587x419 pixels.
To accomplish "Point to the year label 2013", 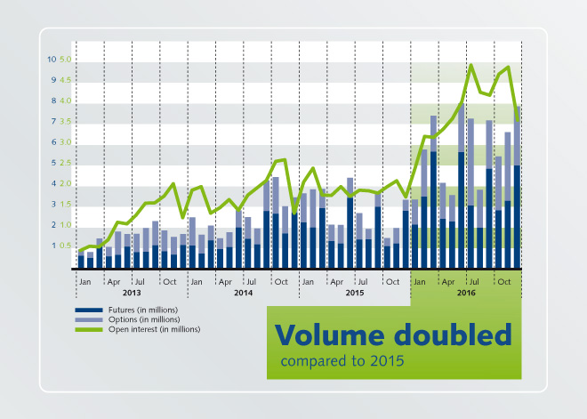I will [x=132, y=292].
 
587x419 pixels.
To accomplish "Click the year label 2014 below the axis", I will [x=243, y=292].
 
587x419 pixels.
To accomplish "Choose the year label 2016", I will [x=466, y=292].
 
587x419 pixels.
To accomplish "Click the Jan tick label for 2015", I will [x=307, y=282].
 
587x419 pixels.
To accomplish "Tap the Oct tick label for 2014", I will [x=280, y=282].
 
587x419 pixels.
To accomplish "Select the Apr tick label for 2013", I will [x=113, y=282].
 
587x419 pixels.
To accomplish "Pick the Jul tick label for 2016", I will [x=474, y=282].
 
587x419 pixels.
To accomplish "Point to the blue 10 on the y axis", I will [x=52, y=59].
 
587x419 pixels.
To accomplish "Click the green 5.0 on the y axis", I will [x=65, y=59].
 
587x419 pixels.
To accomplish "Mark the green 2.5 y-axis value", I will [x=65, y=163].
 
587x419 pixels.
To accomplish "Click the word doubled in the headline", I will [x=454, y=335].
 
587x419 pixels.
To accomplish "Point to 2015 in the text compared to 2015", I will [x=388, y=362].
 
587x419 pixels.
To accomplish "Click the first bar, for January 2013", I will [x=81, y=260].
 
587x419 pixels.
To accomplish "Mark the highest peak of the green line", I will [x=471, y=65].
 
